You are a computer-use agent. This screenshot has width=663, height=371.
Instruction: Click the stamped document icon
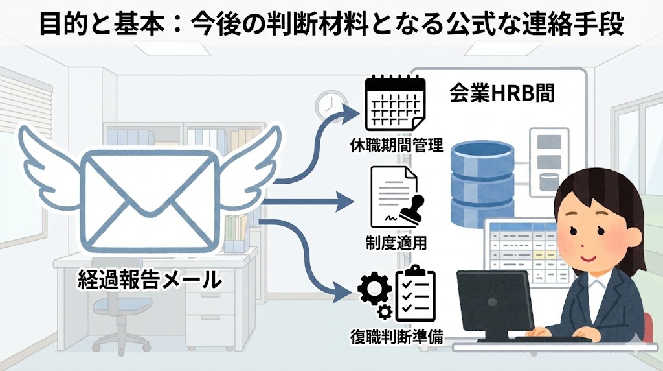click(x=395, y=197)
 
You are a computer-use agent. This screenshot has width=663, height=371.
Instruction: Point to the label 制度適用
click(x=395, y=243)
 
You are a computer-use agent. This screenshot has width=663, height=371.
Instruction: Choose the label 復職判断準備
click(x=395, y=337)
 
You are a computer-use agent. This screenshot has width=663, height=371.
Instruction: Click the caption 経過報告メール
click(x=150, y=280)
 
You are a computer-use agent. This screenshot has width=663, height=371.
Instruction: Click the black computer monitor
click(x=495, y=302)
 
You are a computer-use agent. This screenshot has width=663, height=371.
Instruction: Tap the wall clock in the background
click(x=328, y=104)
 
